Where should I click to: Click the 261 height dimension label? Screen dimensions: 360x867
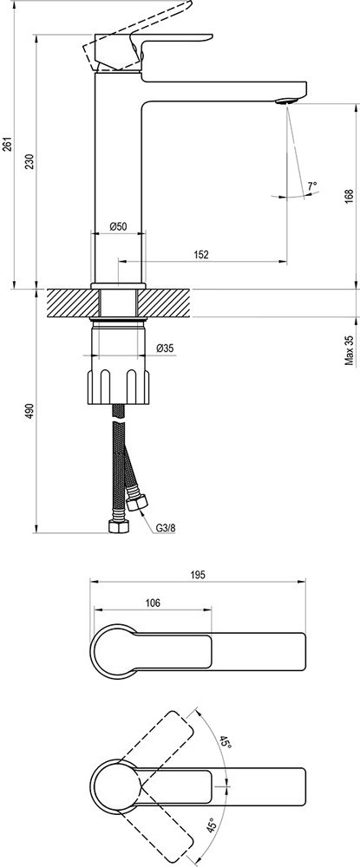7,146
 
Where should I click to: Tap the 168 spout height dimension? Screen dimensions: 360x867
349,197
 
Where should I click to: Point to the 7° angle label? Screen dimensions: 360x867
313,186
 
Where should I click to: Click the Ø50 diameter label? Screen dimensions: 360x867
119,226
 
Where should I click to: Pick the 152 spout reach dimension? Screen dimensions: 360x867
201,254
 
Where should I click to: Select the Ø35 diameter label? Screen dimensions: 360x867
166,348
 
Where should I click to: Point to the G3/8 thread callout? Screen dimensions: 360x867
165,528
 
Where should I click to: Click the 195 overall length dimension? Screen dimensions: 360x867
199,575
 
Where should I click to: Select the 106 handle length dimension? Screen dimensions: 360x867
153,603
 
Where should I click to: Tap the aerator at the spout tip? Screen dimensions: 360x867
286,101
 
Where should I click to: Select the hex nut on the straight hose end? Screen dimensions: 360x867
119,526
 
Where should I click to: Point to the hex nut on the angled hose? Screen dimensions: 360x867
136,503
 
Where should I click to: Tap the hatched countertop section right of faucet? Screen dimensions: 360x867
164,303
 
